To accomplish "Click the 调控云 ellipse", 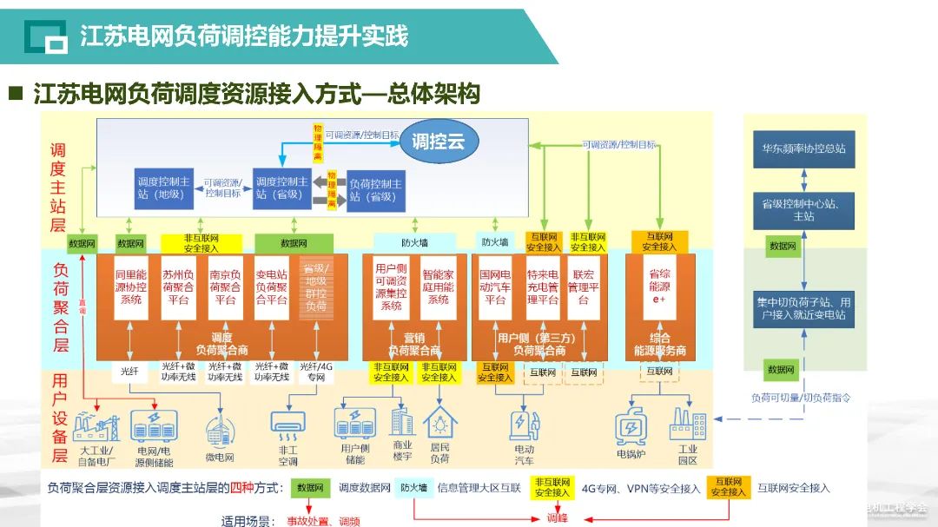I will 438,142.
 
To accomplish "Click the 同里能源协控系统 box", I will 130,287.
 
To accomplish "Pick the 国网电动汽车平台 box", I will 494,287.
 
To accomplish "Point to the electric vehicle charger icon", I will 522,425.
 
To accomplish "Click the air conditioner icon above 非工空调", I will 289,421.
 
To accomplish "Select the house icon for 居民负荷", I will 440,423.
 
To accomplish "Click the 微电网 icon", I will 219,430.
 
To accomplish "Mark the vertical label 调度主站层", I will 58,187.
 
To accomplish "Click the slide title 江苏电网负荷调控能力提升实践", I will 244,36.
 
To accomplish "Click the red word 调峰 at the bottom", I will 557,518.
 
